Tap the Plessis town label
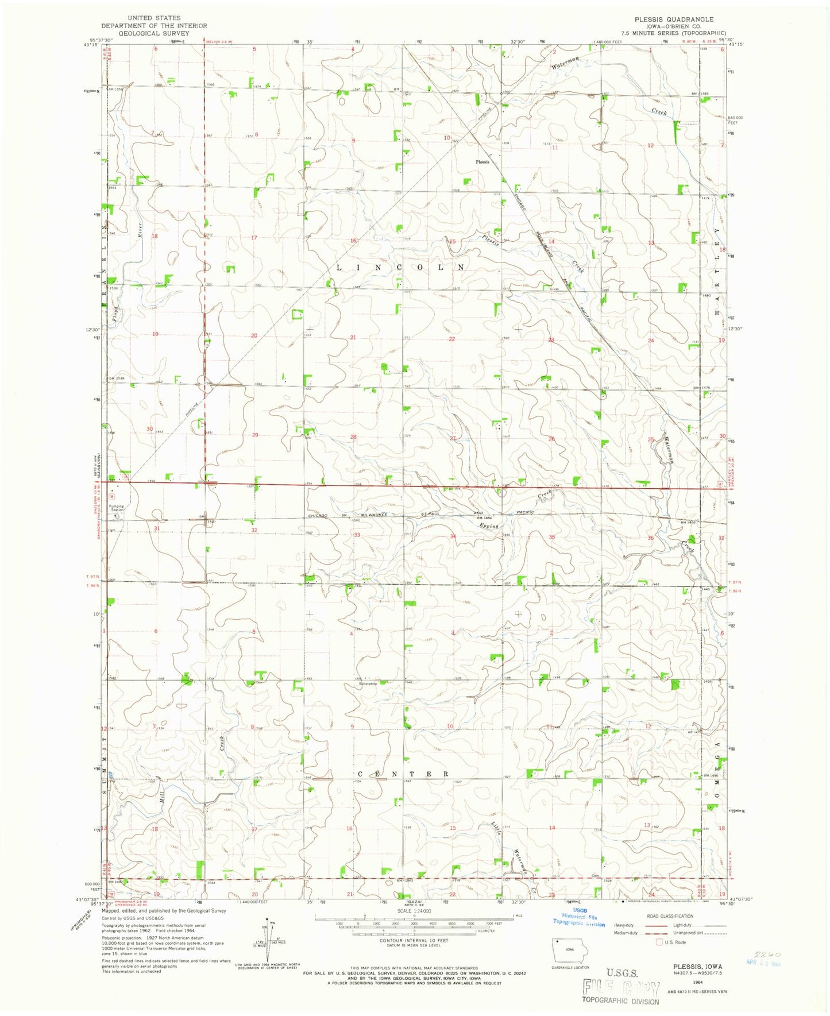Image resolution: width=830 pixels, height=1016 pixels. (x=482, y=162)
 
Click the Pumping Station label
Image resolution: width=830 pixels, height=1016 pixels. (x=117, y=508)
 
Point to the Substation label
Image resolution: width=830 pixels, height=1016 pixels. (x=368, y=683)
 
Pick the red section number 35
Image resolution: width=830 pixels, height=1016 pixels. (x=551, y=537)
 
